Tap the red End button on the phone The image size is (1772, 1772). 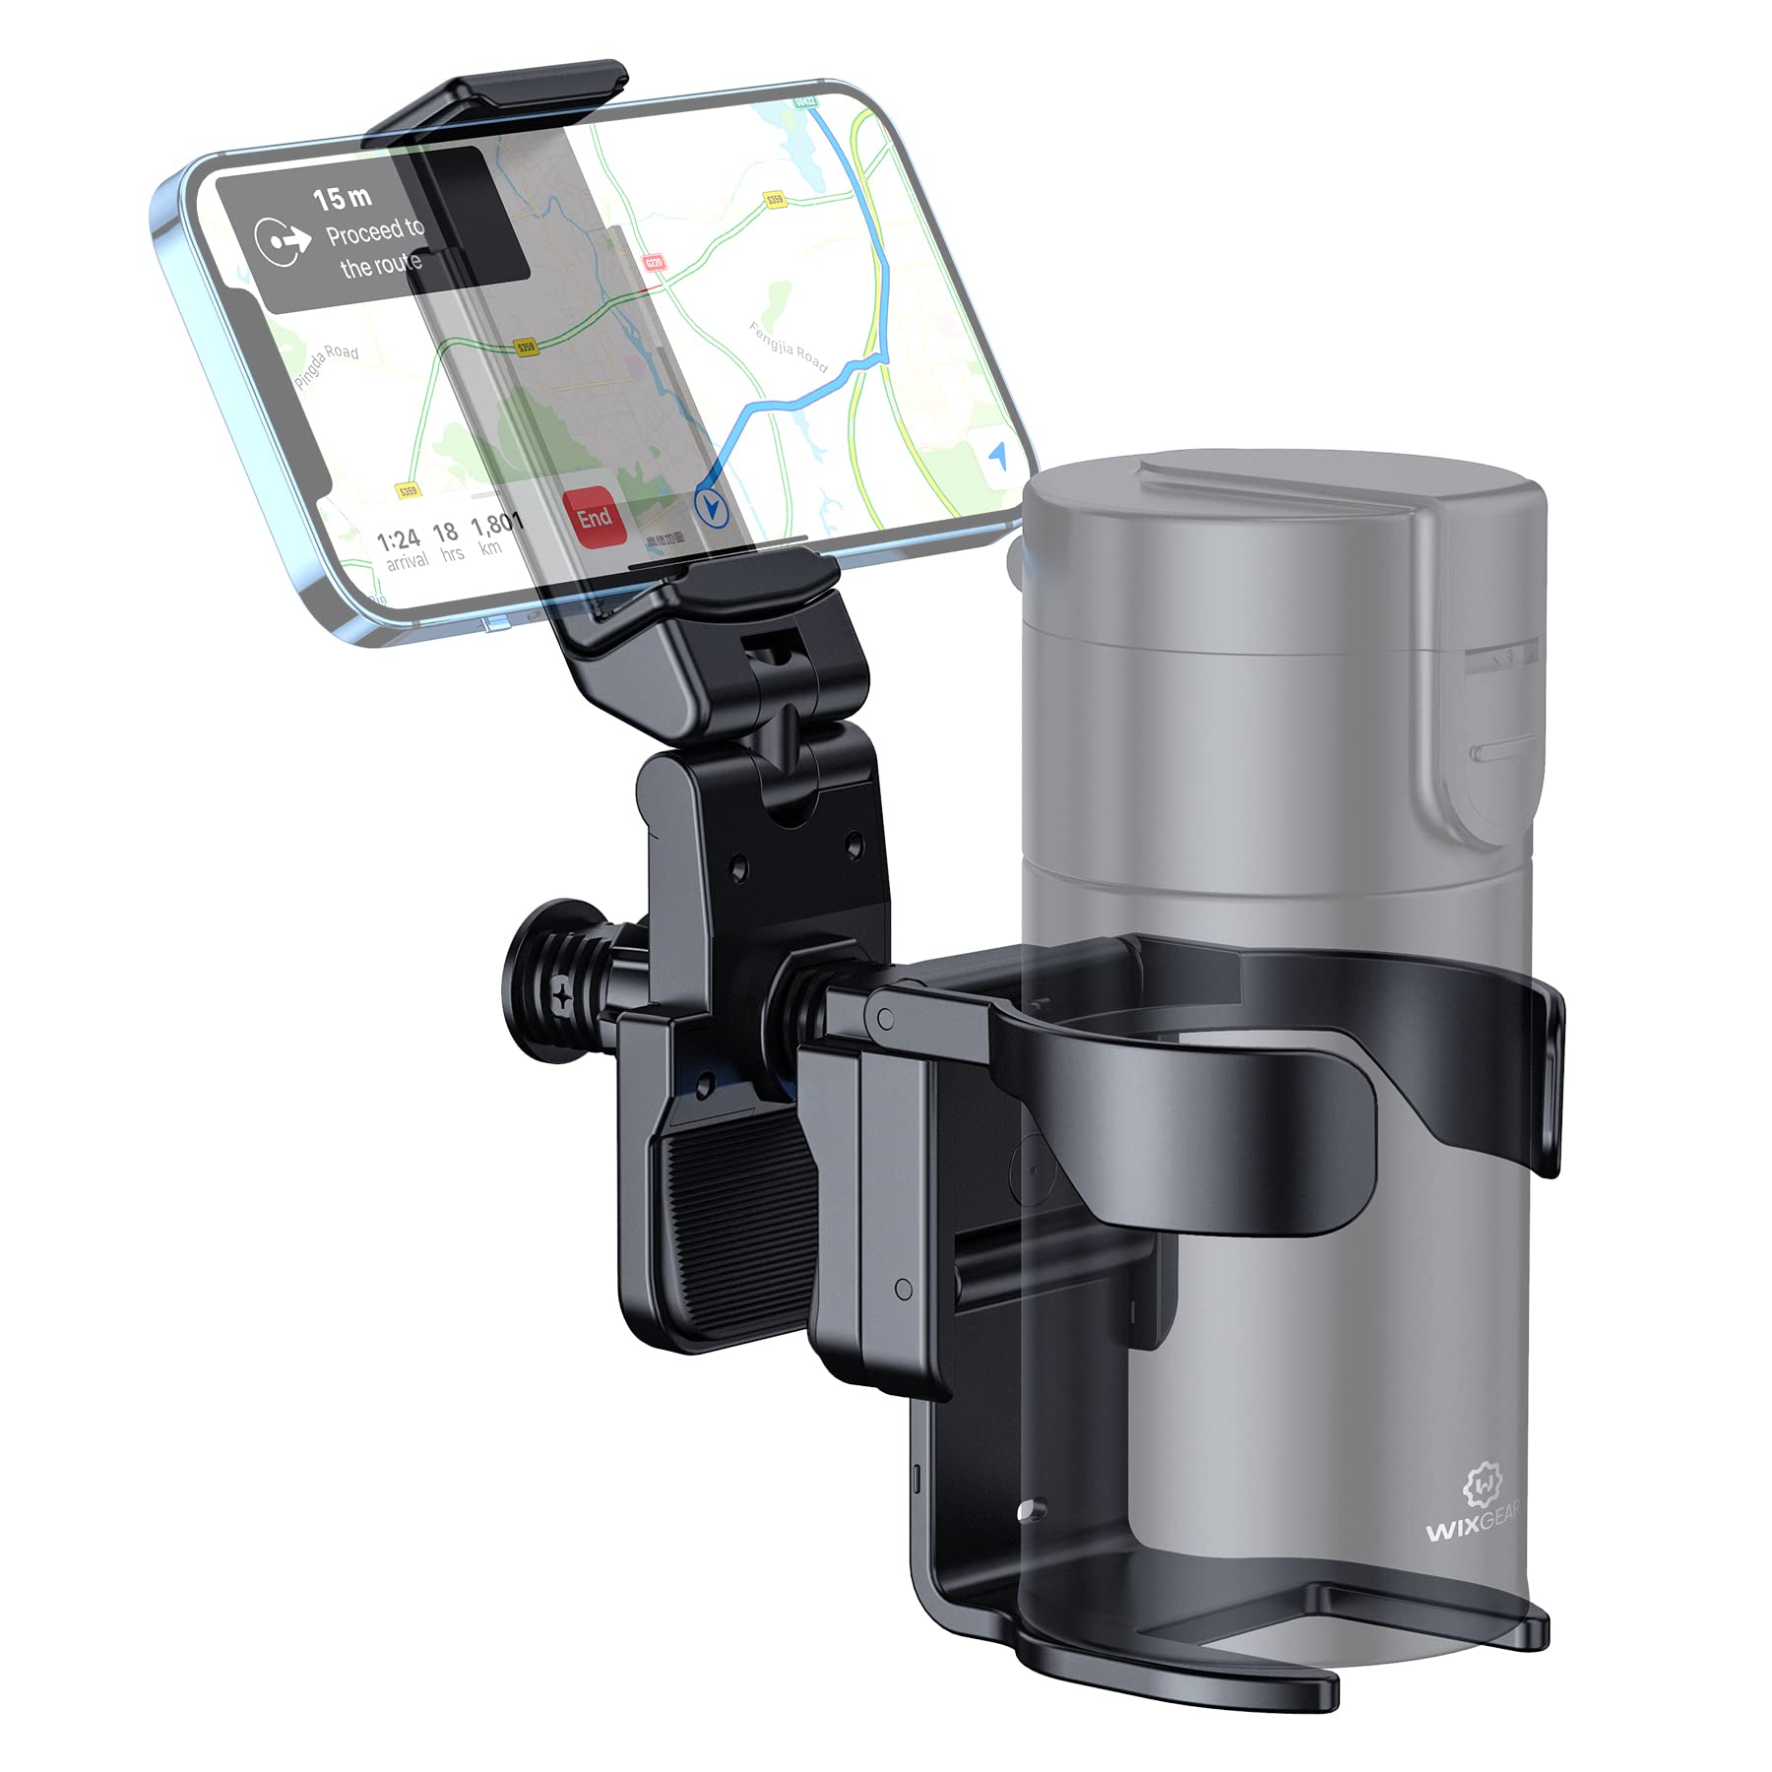point(595,517)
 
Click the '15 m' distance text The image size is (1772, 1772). point(342,199)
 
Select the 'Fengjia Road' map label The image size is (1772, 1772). point(789,347)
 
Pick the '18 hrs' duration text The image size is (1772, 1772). point(448,541)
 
